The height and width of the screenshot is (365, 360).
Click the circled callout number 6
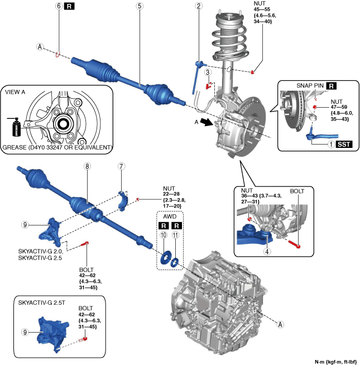[57, 7]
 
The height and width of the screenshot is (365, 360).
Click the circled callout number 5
[139, 7]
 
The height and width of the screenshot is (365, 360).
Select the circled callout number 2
[198, 7]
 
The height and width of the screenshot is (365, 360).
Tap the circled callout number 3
[207, 72]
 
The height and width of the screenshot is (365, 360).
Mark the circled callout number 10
[164, 236]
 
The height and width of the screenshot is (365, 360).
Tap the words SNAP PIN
[306, 86]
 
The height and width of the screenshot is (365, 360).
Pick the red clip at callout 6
[57, 54]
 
